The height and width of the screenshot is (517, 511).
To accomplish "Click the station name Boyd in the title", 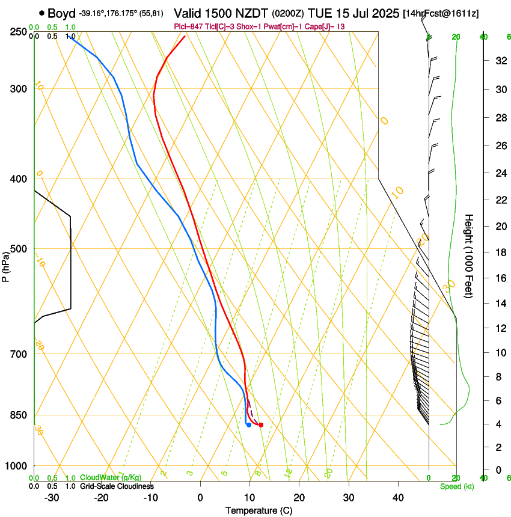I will pos(61,13).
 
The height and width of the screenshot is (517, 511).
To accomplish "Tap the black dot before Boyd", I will pos(41,13).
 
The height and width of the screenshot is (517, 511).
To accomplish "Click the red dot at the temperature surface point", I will pos(261,425).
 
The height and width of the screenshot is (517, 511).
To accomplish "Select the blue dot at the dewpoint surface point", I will pos(249,425).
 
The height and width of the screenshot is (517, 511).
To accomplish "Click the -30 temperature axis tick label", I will pos(52,498).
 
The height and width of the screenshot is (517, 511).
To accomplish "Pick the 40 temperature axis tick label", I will pos(397,498).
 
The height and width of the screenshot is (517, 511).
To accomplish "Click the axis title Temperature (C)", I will pos(259,510).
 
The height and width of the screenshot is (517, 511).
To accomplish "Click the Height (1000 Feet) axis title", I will pos(470,255).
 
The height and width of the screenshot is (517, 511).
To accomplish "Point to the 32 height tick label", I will pos(498,61).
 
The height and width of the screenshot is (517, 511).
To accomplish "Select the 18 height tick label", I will pos(498,252).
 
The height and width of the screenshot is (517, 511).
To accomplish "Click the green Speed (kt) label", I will pos(456,486).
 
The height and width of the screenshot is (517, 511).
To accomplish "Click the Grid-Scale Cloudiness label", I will pos(117,486).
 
